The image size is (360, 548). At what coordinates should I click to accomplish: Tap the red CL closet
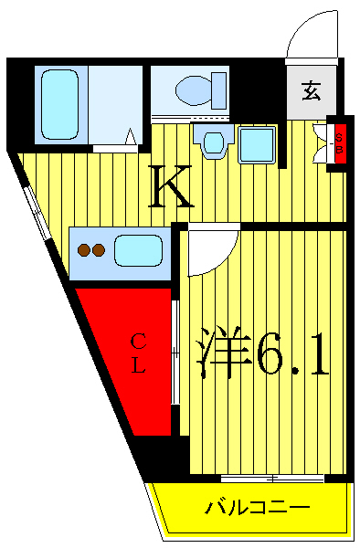tap(128, 356)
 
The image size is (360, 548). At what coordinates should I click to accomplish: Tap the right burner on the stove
tap(98, 248)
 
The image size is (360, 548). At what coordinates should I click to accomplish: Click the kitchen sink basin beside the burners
tap(137, 249)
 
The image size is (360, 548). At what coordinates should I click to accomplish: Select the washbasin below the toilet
tap(214, 142)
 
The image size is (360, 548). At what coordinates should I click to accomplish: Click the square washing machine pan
tap(257, 143)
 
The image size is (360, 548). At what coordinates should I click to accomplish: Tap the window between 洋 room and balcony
tap(271, 478)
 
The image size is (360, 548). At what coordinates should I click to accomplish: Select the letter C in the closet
tap(138, 342)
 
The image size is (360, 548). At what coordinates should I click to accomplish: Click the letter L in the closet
tap(138, 367)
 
